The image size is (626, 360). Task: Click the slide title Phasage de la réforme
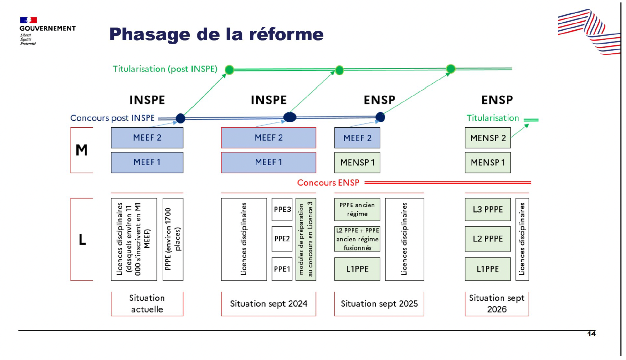[216, 34]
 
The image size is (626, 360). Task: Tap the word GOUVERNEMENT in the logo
[47, 28]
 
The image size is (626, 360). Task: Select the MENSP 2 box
[487, 138]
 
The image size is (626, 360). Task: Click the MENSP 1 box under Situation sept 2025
[357, 163]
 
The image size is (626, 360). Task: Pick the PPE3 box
[282, 209]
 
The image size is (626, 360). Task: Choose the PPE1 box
[282, 269]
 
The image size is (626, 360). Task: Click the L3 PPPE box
[487, 209]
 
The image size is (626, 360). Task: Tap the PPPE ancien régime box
[357, 209]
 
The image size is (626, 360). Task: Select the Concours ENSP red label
[328, 182]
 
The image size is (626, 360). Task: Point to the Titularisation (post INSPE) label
[165, 69]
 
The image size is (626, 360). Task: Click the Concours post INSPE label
[112, 118]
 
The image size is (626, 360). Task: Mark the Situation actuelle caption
[147, 303]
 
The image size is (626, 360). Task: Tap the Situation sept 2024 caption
[268, 304]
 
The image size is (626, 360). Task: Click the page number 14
[591, 334]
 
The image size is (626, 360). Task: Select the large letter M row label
[82, 150]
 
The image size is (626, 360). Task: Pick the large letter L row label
[82, 239]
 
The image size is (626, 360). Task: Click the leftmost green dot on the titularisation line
[229, 70]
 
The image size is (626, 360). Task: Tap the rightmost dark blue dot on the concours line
[380, 117]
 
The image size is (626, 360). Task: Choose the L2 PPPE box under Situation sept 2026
[487, 239]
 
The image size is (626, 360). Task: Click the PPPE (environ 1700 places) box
[173, 239]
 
